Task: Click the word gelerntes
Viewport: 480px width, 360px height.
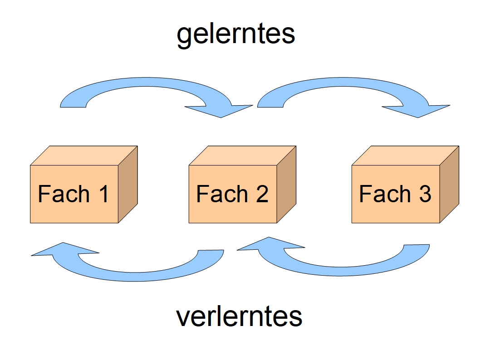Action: [236, 34]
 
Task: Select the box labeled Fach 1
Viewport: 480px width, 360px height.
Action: [74, 194]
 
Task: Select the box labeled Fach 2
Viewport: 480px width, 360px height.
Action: [233, 194]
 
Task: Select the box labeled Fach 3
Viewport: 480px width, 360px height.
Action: [396, 194]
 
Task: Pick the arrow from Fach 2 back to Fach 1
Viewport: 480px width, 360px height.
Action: [136, 274]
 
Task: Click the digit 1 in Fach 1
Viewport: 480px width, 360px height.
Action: [103, 194]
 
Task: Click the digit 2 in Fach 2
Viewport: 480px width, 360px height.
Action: [261, 194]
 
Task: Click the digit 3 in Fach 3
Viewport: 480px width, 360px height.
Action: [424, 194]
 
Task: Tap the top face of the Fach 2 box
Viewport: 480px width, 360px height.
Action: [243, 156]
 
